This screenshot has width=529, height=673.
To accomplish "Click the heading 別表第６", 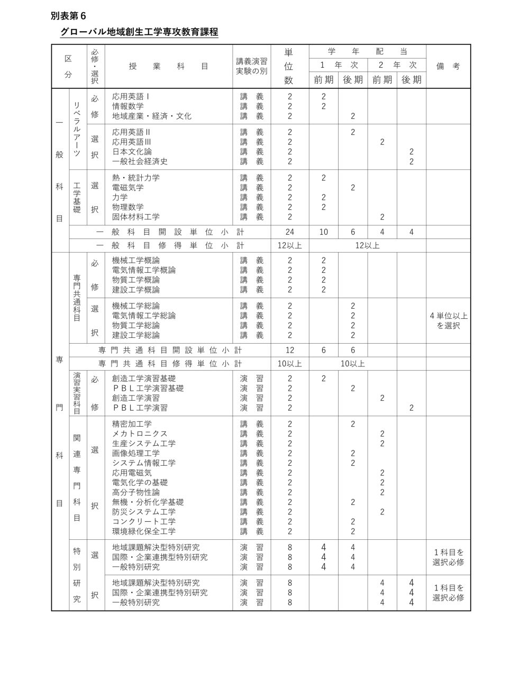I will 68,16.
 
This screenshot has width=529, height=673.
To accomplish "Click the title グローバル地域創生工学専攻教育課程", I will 139,32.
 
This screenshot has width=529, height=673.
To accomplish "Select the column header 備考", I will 448,66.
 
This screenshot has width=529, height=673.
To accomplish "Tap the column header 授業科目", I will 168,66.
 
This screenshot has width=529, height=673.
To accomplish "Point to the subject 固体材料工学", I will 136,217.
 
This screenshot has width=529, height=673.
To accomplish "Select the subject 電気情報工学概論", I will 144,270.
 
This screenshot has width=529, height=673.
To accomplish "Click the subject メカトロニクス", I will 140,434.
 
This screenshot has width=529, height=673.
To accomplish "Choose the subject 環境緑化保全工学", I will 144,531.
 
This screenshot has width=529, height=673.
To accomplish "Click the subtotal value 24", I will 289,232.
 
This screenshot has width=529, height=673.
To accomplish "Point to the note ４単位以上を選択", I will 448,321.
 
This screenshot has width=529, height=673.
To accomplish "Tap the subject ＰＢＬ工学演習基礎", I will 148,388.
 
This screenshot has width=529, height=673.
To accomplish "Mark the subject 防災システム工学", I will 144,512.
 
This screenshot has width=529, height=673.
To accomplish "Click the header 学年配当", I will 367,51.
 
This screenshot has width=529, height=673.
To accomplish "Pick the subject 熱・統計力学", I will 136,178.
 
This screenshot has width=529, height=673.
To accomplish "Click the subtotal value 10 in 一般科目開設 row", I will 323,232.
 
